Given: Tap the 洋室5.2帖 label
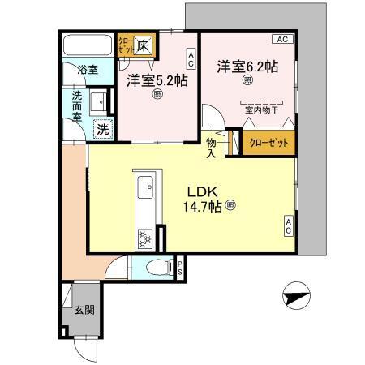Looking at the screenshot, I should point(156,79).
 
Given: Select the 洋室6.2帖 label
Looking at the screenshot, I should point(247,67).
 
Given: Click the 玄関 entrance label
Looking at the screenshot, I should point(84,309).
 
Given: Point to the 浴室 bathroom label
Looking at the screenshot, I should point(87,70).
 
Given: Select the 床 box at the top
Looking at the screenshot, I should point(143,44).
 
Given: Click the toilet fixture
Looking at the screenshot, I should point(157,266).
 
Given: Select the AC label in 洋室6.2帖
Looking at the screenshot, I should point(283,38).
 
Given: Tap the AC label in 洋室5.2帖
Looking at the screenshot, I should point(191,58).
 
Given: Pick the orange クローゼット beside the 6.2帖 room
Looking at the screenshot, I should point(268,141).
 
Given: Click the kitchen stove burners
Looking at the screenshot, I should point(145,238).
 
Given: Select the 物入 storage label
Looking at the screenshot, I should point(210,147).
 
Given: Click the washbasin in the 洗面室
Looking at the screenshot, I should point(97,101).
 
